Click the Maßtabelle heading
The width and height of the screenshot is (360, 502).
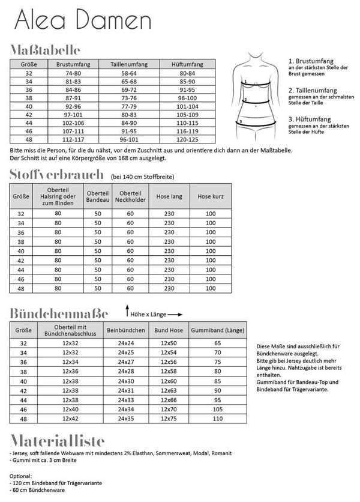pos(45,50)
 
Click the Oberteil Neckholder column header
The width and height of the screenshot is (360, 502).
pos(130,195)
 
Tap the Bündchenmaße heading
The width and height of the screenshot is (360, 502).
pos(59,313)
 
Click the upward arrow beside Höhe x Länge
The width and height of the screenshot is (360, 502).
pos(127,312)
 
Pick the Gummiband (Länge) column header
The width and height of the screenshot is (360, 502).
pos(217,330)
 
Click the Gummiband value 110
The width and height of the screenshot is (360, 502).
pos(217,418)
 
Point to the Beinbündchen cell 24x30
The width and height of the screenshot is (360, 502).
pos(126,381)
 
